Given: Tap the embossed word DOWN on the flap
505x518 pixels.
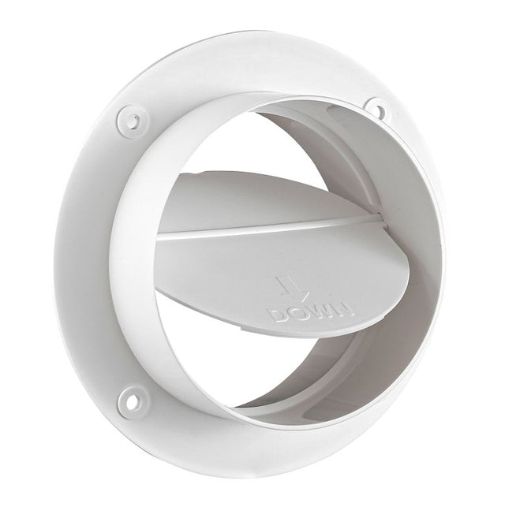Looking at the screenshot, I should point(311,309).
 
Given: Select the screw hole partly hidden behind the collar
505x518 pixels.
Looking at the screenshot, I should point(377,108).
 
